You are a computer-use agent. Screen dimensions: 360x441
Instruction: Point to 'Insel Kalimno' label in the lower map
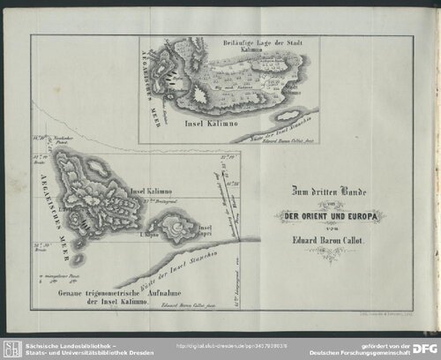tap(151, 191)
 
